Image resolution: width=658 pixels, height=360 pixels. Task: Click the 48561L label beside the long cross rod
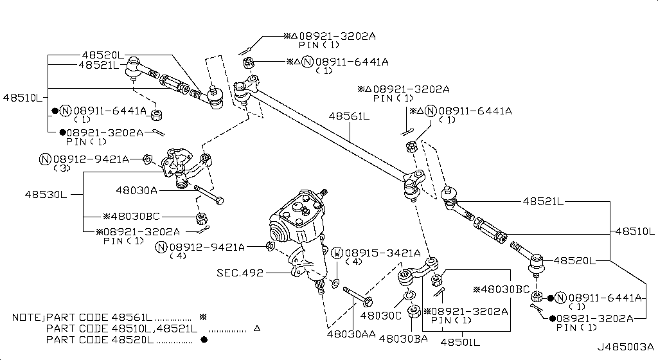pos(349,116)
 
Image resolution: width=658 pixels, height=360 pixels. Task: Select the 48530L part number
pos(46,194)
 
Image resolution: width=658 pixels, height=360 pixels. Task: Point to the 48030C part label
pos(380,316)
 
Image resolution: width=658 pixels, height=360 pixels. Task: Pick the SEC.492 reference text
pos(240,273)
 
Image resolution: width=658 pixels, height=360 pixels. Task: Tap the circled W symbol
pos(337,253)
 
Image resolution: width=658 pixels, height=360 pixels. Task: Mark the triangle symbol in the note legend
pos(256,328)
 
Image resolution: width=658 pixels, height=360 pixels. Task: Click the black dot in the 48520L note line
pos(204,339)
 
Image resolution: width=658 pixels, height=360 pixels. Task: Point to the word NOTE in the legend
pos(26,318)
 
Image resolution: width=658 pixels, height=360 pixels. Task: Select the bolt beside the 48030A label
pos(207,196)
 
